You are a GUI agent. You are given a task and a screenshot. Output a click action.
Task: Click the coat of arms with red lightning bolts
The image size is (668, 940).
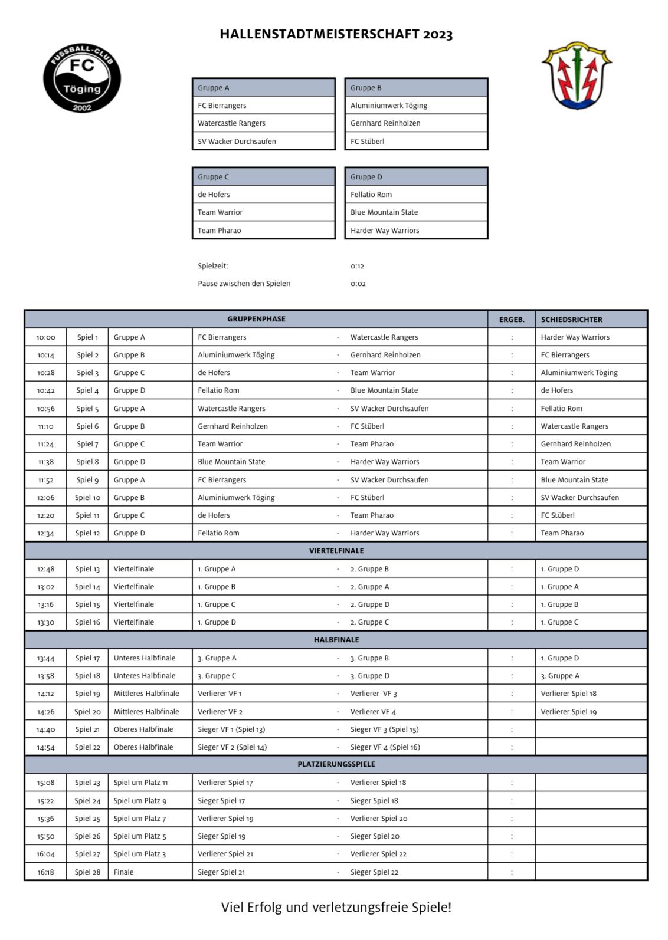click(x=577, y=75)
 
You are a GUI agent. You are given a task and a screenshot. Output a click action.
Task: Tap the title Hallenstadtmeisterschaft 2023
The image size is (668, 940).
click(x=336, y=34)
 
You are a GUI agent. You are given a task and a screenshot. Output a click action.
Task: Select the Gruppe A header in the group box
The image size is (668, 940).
click(x=214, y=88)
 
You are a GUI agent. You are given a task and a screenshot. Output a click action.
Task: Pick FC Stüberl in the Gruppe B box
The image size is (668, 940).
click(x=368, y=142)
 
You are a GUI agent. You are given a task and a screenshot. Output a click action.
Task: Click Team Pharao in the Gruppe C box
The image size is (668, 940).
click(x=220, y=231)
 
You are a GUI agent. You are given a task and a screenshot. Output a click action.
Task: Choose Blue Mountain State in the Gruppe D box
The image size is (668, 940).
click(x=384, y=212)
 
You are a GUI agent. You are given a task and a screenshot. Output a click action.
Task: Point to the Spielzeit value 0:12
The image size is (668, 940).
click(x=358, y=266)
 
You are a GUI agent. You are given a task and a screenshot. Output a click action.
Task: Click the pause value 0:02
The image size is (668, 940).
click(x=358, y=284)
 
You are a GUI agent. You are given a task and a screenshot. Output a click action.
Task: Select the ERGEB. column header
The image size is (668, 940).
click(x=512, y=320)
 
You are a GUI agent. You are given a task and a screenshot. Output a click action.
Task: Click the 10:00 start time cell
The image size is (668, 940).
click(x=45, y=337)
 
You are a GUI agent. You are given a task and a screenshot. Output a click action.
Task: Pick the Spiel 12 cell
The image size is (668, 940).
click(x=87, y=533)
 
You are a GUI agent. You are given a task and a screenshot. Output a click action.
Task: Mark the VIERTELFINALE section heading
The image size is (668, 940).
click(x=336, y=551)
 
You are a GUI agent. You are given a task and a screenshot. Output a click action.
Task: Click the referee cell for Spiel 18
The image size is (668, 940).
click(x=560, y=676)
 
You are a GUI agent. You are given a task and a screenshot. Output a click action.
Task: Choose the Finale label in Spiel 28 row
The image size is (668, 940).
click(x=124, y=872)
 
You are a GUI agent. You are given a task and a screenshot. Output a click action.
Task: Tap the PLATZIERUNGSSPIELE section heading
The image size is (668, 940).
click(x=336, y=764)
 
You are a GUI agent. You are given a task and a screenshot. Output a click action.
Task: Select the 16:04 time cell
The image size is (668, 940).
click(x=45, y=854)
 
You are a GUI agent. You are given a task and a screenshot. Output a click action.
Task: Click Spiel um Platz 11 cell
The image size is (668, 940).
click(x=140, y=783)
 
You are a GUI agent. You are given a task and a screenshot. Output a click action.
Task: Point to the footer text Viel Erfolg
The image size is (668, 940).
click(x=336, y=907)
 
